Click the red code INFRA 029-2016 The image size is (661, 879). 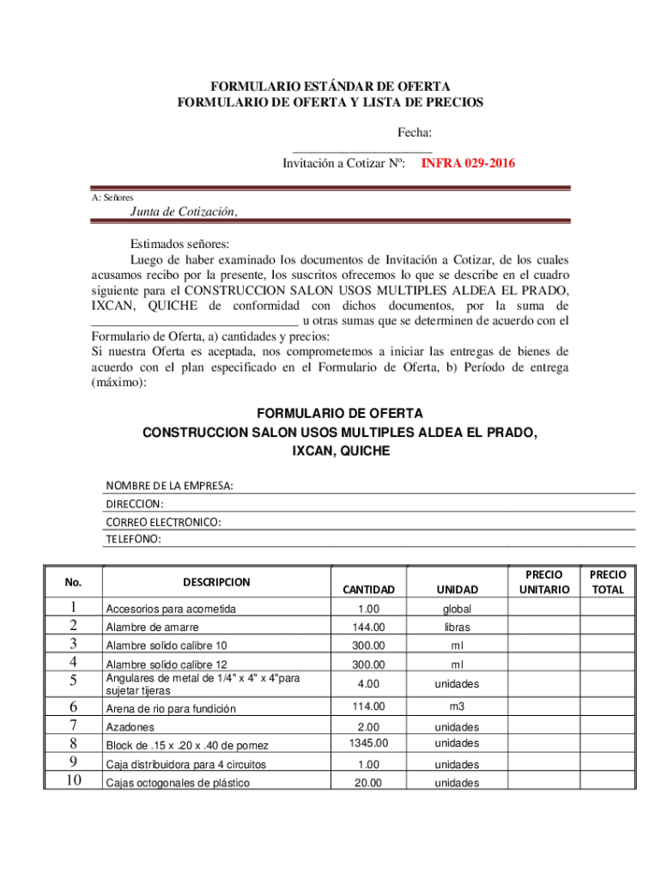click(468, 162)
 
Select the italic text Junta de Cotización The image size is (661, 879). click(183, 212)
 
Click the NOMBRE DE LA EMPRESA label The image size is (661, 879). click(169, 486)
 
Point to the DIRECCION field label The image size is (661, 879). click(135, 504)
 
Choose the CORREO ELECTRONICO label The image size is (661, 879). click(163, 522)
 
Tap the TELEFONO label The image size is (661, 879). click(133, 539)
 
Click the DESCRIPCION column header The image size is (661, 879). click(216, 582)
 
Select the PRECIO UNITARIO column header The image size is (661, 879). click(543, 581)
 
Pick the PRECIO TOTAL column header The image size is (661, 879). click(608, 581)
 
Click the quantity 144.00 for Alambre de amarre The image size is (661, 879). click(368, 627)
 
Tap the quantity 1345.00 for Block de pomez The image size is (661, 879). click(368, 743)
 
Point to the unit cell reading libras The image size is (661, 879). click(457, 627)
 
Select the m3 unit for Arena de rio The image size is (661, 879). click(457, 706)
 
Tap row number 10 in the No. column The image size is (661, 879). click(73, 780)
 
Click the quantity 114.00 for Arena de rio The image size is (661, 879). click(368, 706)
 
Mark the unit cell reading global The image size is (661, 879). click(457, 609)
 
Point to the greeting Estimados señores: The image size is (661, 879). click(179, 243)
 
